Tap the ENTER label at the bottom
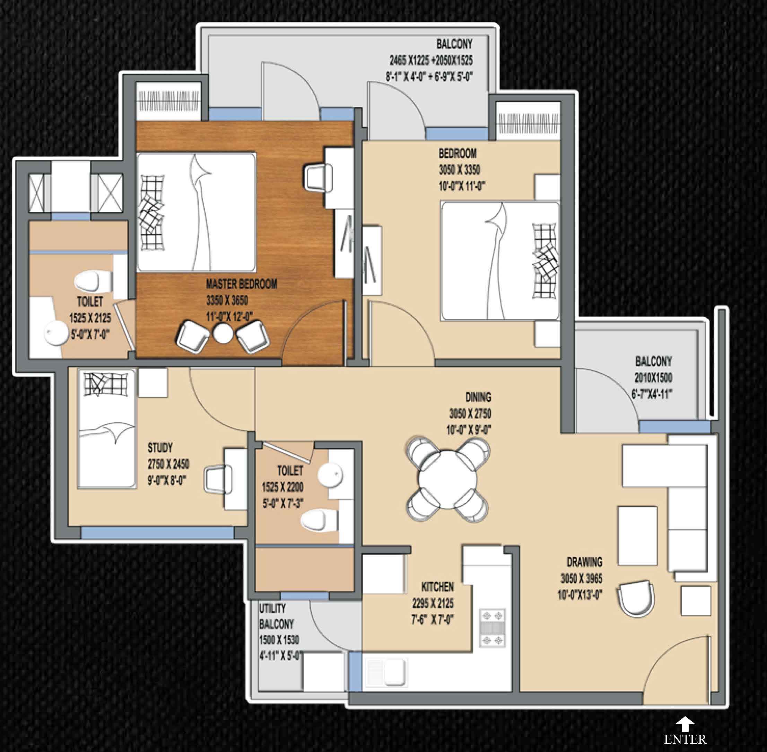685,739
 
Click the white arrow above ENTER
685,724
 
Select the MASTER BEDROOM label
242,284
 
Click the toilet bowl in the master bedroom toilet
87,281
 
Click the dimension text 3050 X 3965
581,579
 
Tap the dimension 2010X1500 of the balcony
653,378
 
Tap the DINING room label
478,397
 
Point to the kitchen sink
387,671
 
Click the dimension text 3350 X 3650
227,301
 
